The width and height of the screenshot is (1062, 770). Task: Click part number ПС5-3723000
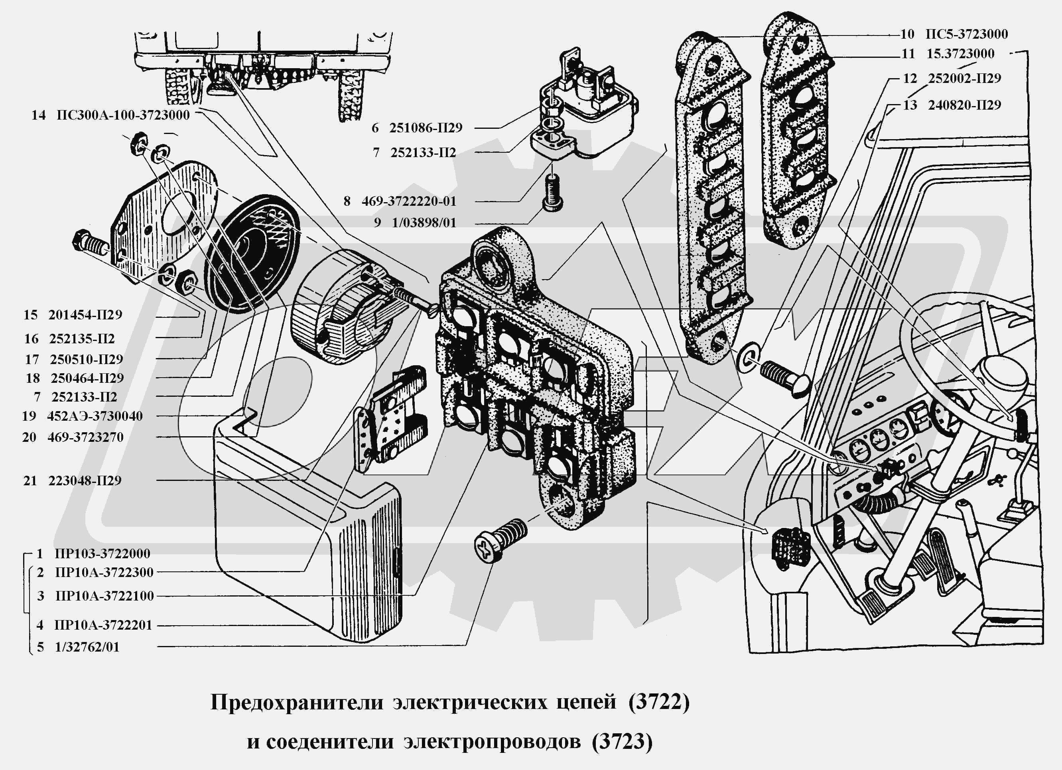[x=966, y=34]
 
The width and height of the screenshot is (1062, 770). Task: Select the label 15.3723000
[x=960, y=54]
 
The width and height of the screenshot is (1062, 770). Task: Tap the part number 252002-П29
[x=964, y=78]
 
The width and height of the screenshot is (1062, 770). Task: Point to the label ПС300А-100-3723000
[x=123, y=115]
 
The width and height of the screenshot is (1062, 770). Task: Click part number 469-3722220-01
[x=408, y=201]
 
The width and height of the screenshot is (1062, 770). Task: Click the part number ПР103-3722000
[x=102, y=554]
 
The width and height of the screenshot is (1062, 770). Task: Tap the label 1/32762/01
[x=87, y=647]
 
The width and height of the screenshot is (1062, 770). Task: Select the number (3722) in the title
[x=659, y=703]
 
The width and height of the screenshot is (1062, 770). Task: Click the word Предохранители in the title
[x=297, y=703]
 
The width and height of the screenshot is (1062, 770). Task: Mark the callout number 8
[x=347, y=201]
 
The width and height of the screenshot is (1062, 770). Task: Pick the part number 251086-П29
[x=425, y=128]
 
